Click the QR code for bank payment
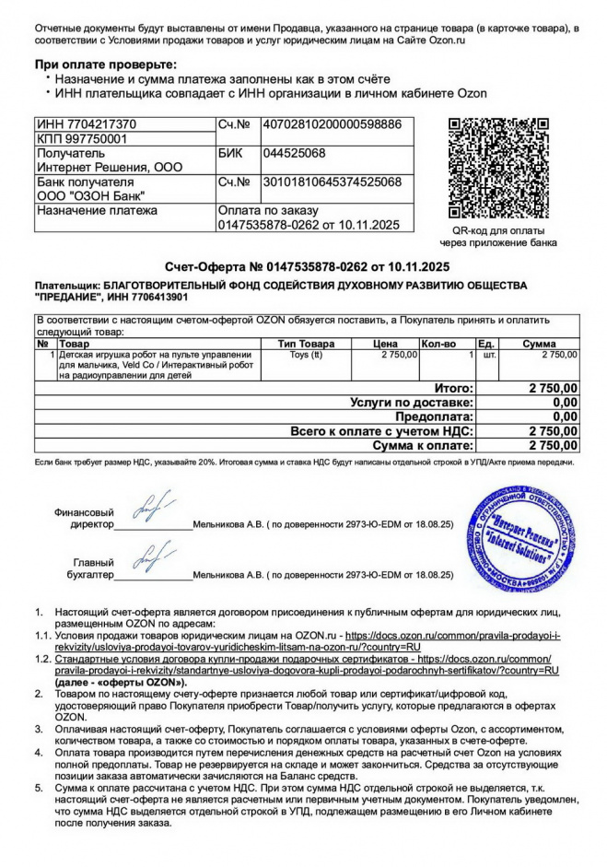[502, 168]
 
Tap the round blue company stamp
[521, 541]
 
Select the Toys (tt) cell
[306, 355]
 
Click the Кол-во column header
[438, 344]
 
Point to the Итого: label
[453, 389]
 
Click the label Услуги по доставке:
[412, 403]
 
